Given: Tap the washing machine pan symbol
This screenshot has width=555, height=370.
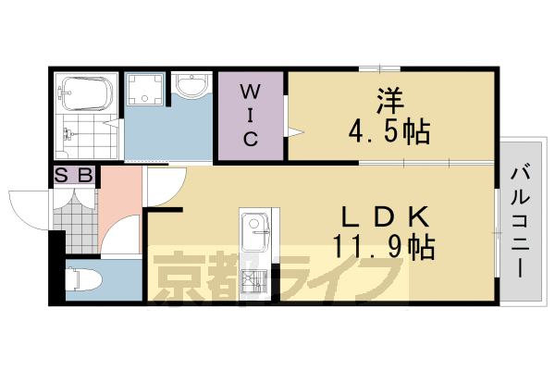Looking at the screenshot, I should (144, 91).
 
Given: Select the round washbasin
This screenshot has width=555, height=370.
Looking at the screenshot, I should (192, 89).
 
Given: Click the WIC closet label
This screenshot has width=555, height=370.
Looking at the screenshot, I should (250, 115).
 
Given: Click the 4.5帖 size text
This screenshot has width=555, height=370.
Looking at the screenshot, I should (389, 131).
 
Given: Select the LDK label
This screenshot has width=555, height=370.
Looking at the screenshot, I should (381, 217).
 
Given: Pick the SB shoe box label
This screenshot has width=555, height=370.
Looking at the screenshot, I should (74, 174).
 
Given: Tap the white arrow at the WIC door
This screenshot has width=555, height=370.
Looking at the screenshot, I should (294, 132).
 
